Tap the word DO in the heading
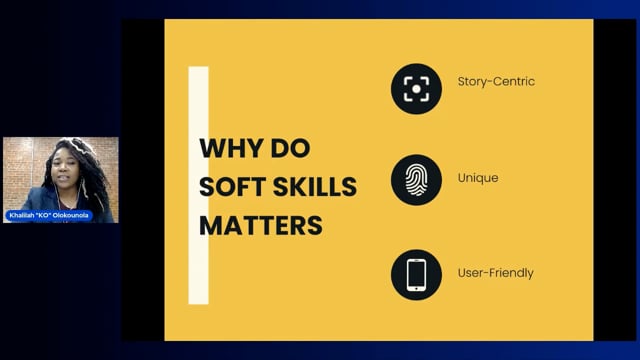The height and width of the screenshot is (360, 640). tap(290, 148)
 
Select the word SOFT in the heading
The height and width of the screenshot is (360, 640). tap(232, 187)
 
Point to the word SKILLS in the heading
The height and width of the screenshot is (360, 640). tap(315, 187)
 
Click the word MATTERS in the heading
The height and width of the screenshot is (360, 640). tap(261, 225)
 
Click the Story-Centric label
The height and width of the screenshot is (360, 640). tap(496, 82)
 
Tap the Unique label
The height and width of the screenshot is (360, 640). tap(478, 178)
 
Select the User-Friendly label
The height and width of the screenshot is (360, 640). tap(496, 273)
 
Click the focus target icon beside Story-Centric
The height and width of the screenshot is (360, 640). tap(416, 89)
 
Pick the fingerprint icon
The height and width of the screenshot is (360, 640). tap(416, 180)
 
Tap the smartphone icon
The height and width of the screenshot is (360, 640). tap(416, 275)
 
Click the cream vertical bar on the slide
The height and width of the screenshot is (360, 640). tap(198, 185)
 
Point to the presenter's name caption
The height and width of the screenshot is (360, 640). tap(49, 215)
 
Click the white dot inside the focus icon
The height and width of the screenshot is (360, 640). tap(416, 89)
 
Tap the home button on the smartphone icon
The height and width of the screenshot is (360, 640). tap(416, 289)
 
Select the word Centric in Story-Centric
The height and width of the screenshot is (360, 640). tap(514, 82)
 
